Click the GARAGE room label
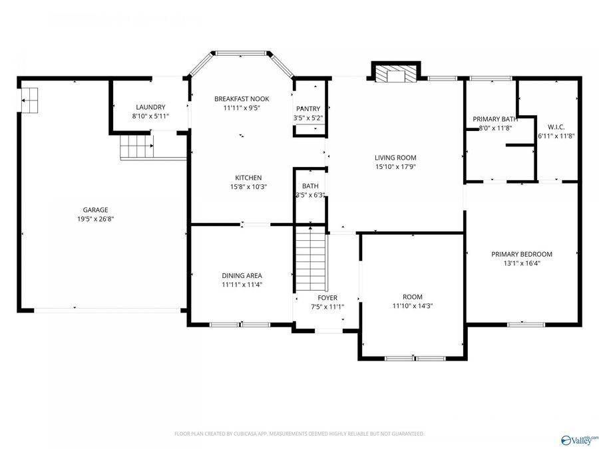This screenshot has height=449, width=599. click(x=95, y=210)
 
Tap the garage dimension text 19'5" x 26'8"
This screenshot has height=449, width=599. click(x=95, y=218)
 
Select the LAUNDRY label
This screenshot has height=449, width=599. click(x=150, y=107)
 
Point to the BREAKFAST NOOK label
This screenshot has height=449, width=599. click(x=242, y=98)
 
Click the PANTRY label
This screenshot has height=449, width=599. click(x=308, y=108)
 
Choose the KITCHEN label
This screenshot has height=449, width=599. click(x=248, y=178)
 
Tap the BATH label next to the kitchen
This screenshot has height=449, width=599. click(x=310, y=186)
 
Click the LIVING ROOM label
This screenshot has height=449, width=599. click(x=395, y=158)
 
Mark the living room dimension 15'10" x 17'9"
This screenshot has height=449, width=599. click(x=395, y=167)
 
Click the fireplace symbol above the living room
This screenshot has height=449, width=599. click(x=396, y=73)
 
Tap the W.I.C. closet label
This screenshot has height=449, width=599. click(x=556, y=126)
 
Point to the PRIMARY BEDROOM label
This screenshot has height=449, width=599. click(x=522, y=253)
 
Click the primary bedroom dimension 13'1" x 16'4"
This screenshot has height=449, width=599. click(x=522, y=263)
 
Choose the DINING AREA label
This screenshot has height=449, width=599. click(x=242, y=275)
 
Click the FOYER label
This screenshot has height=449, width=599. click(x=327, y=297)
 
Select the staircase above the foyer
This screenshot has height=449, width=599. click(x=309, y=256)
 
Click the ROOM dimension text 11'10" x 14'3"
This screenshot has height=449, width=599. click(x=412, y=306)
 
